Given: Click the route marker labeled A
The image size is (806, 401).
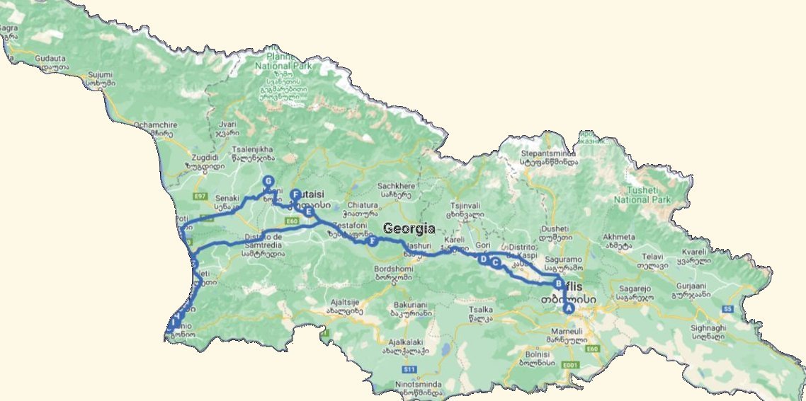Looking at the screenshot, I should point(567,308).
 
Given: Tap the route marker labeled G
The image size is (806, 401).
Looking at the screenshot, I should point(268,182).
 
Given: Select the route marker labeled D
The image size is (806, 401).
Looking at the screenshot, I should point(484,260).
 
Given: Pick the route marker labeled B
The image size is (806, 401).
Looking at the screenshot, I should point(559,284).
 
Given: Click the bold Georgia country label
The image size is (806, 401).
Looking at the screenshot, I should point(409,228).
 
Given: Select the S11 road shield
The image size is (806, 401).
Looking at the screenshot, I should point(408,369).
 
